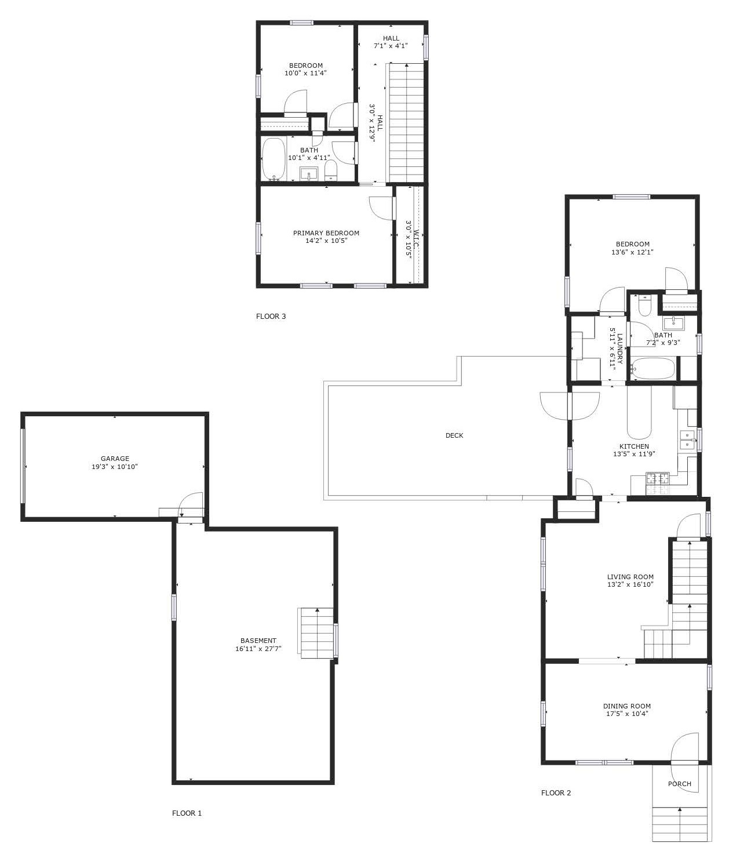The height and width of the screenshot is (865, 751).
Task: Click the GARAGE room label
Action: [x=115, y=458]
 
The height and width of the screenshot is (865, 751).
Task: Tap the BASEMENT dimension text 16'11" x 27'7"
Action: [x=258, y=649]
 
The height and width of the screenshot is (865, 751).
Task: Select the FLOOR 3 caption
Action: [x=271, y=316]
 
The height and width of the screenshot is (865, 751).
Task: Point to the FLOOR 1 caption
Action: [x=187, y=813]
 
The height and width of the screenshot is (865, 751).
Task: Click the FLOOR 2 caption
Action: [x=556, y=793]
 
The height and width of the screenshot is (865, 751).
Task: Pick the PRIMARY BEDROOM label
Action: [x=326, y=233]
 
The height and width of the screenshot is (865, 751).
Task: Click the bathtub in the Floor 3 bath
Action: [x=274, y=159]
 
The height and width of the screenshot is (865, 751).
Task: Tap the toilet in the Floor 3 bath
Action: [x=331, y=170]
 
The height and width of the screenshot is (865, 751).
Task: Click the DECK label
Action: [x=454, y=435]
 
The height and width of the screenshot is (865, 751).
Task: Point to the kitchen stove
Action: [x=658, y=484]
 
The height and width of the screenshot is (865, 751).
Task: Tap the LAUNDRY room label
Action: [x=619, y=348]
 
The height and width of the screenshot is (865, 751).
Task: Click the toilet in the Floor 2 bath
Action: [x=645, y=306]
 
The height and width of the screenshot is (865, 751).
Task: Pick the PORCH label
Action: [x=680, y=783]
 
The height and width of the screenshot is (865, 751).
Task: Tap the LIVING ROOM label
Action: [x=630, y=577]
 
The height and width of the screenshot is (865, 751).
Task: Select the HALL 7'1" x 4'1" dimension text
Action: [x=391, y=46]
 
